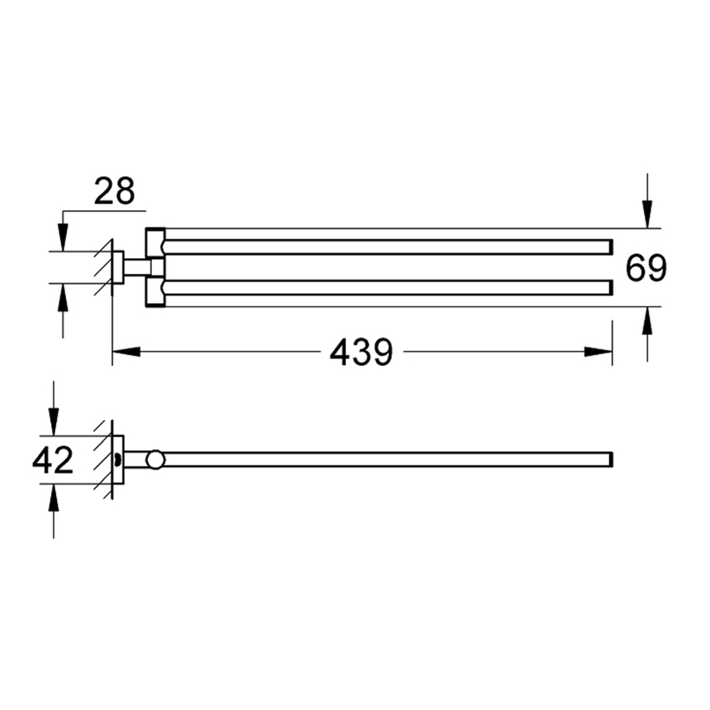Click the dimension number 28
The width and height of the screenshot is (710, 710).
114,191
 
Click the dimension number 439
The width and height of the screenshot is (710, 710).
361,352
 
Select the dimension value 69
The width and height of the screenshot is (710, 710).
647,268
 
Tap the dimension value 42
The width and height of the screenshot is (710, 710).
53,460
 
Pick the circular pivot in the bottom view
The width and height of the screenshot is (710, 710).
155,459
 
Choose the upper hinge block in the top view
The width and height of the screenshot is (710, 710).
155,242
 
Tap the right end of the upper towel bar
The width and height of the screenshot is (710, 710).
609,246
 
